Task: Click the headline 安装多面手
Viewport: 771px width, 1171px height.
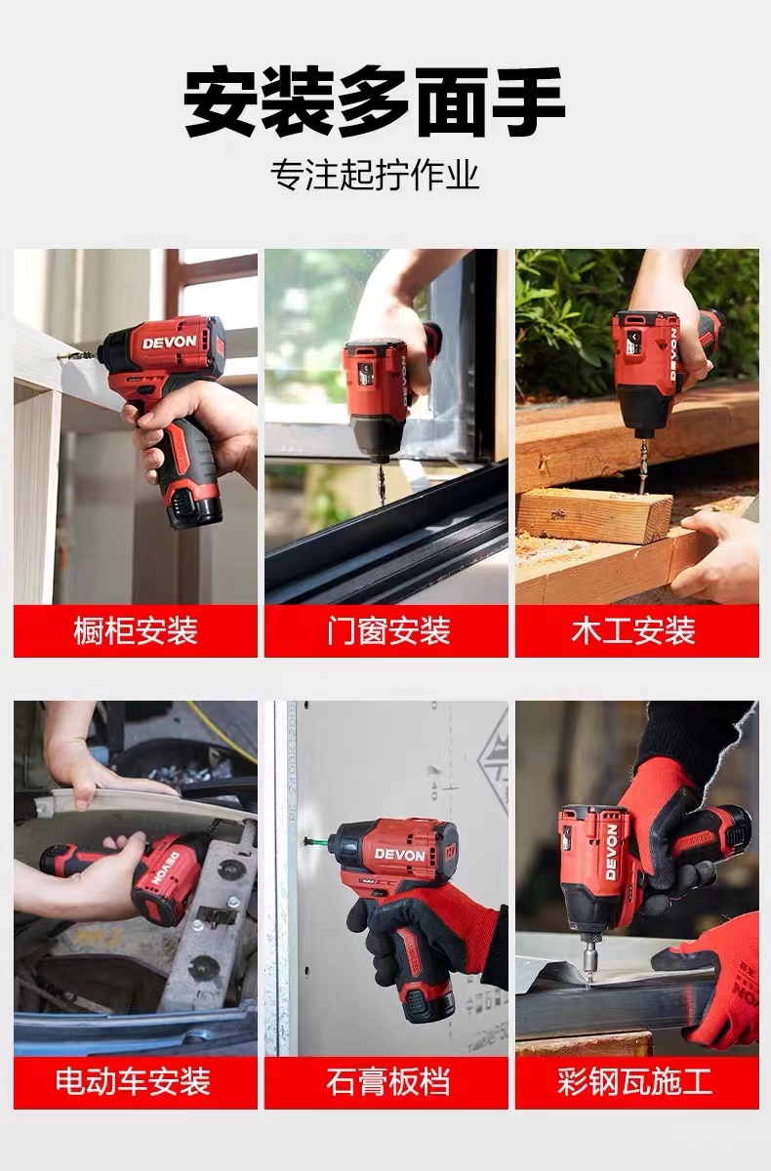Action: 374,102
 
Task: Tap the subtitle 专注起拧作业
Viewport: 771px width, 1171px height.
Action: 375,175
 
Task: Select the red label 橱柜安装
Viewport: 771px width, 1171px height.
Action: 136,630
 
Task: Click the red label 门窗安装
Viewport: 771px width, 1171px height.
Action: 388,630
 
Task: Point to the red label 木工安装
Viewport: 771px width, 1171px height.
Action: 633,630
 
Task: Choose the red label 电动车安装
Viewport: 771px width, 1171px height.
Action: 134,1081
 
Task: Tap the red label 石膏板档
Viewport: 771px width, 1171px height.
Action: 388,1081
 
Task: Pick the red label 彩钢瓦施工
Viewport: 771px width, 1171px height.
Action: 634,1081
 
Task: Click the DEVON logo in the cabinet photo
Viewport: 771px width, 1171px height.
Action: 170,343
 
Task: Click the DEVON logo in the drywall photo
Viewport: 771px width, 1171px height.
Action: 400,855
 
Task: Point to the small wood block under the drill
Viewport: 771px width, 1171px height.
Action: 594,516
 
